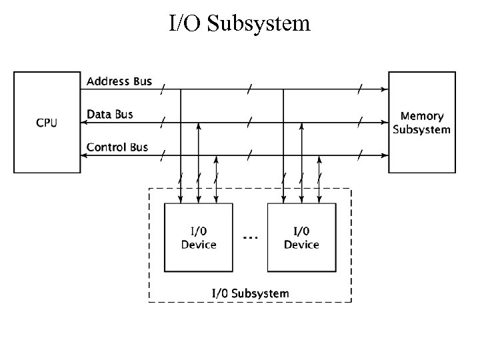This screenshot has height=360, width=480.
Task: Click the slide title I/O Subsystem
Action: (x=239, y=23)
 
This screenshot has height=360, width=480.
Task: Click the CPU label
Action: (x=46, y=123)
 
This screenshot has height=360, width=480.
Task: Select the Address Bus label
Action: (x=119, y=81)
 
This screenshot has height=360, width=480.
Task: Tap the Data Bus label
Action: (x=110, y=115)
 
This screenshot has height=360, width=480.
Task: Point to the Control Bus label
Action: (x=117, y=147)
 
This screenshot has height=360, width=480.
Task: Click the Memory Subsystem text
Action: (x=421, y=123)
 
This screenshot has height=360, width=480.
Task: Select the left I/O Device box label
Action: (x=199, y=238)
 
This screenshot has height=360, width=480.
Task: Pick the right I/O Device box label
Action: (x=301, y=238)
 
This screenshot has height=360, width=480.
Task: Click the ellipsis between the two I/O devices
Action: (x=250, y=237)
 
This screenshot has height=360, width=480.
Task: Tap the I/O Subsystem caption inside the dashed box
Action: (x=250, y=293)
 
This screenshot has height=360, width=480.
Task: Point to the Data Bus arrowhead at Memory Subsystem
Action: (x=385, y=123)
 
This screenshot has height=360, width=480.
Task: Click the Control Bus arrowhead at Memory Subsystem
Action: (x=385, y=155)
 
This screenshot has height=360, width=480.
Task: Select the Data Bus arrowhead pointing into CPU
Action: (x=85, y=123)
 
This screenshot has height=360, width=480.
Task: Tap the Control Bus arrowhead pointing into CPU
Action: (x=85, y=155)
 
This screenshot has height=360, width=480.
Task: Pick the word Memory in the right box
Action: (x=421, y=116)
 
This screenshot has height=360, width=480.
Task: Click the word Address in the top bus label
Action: (x=109, y=81)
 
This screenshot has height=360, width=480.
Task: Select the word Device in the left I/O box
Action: (x=199, y=245)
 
